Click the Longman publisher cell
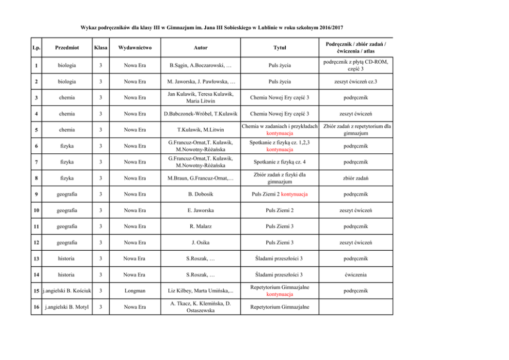(x=134, y=291)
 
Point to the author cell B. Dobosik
(x=197, y=194)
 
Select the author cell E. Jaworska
(x=197, y=210)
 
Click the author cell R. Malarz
(x=197, y=226)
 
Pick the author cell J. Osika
(x=197, y=243)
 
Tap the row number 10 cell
(x=35, y=210)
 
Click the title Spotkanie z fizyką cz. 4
(x=279, y=162)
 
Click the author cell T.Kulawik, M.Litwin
(x=197, y=130)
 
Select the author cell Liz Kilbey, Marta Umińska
(x=197, y=291)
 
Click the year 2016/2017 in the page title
(x=325, y=27)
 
